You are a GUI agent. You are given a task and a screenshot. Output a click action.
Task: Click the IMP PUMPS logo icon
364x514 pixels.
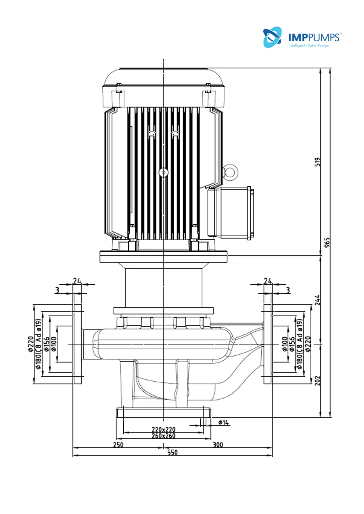pos(272,37)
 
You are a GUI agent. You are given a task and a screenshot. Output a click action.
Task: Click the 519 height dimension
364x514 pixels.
pos(317,162)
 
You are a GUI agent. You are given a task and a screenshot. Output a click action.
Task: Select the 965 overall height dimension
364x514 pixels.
pos(327,242)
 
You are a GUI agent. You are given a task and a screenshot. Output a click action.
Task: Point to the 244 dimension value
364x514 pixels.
pos(317,300)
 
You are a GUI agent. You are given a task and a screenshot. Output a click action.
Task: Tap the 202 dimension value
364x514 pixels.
pos(317,381)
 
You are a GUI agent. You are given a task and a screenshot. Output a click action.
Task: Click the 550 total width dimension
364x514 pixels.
pos(172,452)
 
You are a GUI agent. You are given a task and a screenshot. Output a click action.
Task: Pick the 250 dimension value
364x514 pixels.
pos(118,444)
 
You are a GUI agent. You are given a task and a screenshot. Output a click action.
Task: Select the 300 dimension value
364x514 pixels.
pos(218,444)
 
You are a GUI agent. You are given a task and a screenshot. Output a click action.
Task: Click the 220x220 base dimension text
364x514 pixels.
pos(164,429)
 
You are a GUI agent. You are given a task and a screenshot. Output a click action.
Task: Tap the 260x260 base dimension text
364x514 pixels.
pos(164,436)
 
